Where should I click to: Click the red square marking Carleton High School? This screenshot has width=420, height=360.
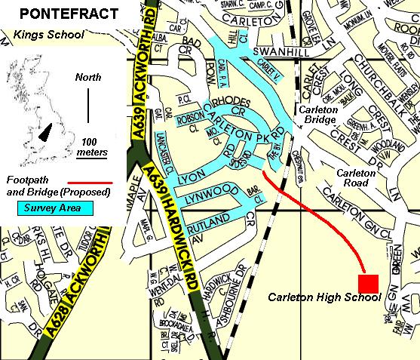pos(368,283)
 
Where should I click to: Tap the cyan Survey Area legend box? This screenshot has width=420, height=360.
pos(48,206)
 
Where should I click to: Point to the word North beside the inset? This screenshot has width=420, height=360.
pos(88,78)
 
